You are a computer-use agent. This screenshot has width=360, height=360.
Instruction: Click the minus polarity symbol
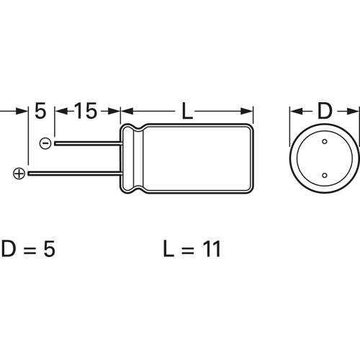[45, 143]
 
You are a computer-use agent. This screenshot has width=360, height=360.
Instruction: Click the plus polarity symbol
[19, 174]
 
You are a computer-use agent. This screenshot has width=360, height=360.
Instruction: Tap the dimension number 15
[86, 112]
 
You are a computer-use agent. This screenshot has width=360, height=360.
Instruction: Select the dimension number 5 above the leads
[40, 112]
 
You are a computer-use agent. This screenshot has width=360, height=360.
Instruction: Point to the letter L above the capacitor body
[187, 112]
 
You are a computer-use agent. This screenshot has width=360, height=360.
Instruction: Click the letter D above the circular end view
[325, 112]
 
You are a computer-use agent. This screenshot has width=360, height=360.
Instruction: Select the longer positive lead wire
[72, 174]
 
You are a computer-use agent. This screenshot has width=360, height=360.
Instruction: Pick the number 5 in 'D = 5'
[48, 250]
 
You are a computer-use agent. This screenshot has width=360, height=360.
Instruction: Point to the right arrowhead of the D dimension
[354, 112]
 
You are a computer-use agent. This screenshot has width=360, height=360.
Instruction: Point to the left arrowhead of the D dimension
[295, 112]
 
